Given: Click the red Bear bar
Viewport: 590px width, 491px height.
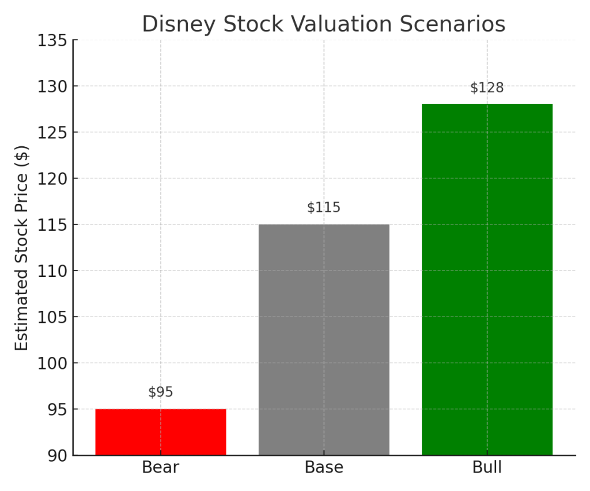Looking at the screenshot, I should (x=160, y=432).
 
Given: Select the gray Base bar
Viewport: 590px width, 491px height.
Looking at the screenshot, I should (x=324, y=340).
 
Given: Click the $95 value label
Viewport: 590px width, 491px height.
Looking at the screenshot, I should (x=160, y=392).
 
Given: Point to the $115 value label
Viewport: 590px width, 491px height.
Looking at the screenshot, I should (x=324, y=207).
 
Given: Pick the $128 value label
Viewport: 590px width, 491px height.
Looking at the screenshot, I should (x=487, y=87).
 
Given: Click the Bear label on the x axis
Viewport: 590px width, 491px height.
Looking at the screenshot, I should (x=160, y=467).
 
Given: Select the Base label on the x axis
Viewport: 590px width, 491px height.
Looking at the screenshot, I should (x=324, y=467).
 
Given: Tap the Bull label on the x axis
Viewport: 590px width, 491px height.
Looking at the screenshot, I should (x=487, y=467).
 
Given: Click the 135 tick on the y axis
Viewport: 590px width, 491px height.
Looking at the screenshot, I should (x=52, y=41).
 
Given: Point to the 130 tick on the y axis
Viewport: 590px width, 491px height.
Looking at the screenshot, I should (x=52, y=87).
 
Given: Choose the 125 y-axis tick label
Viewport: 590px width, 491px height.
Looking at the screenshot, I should (x=52, y=133).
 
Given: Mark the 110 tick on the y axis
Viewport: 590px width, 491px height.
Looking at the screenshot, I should (x=52, y=271).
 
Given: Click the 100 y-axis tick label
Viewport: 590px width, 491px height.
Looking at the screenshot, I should (x=52, y=364).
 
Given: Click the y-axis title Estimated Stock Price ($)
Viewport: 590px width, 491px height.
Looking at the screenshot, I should (x=21, y=248).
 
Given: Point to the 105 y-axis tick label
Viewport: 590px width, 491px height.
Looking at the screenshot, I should (x=52, y=318).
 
